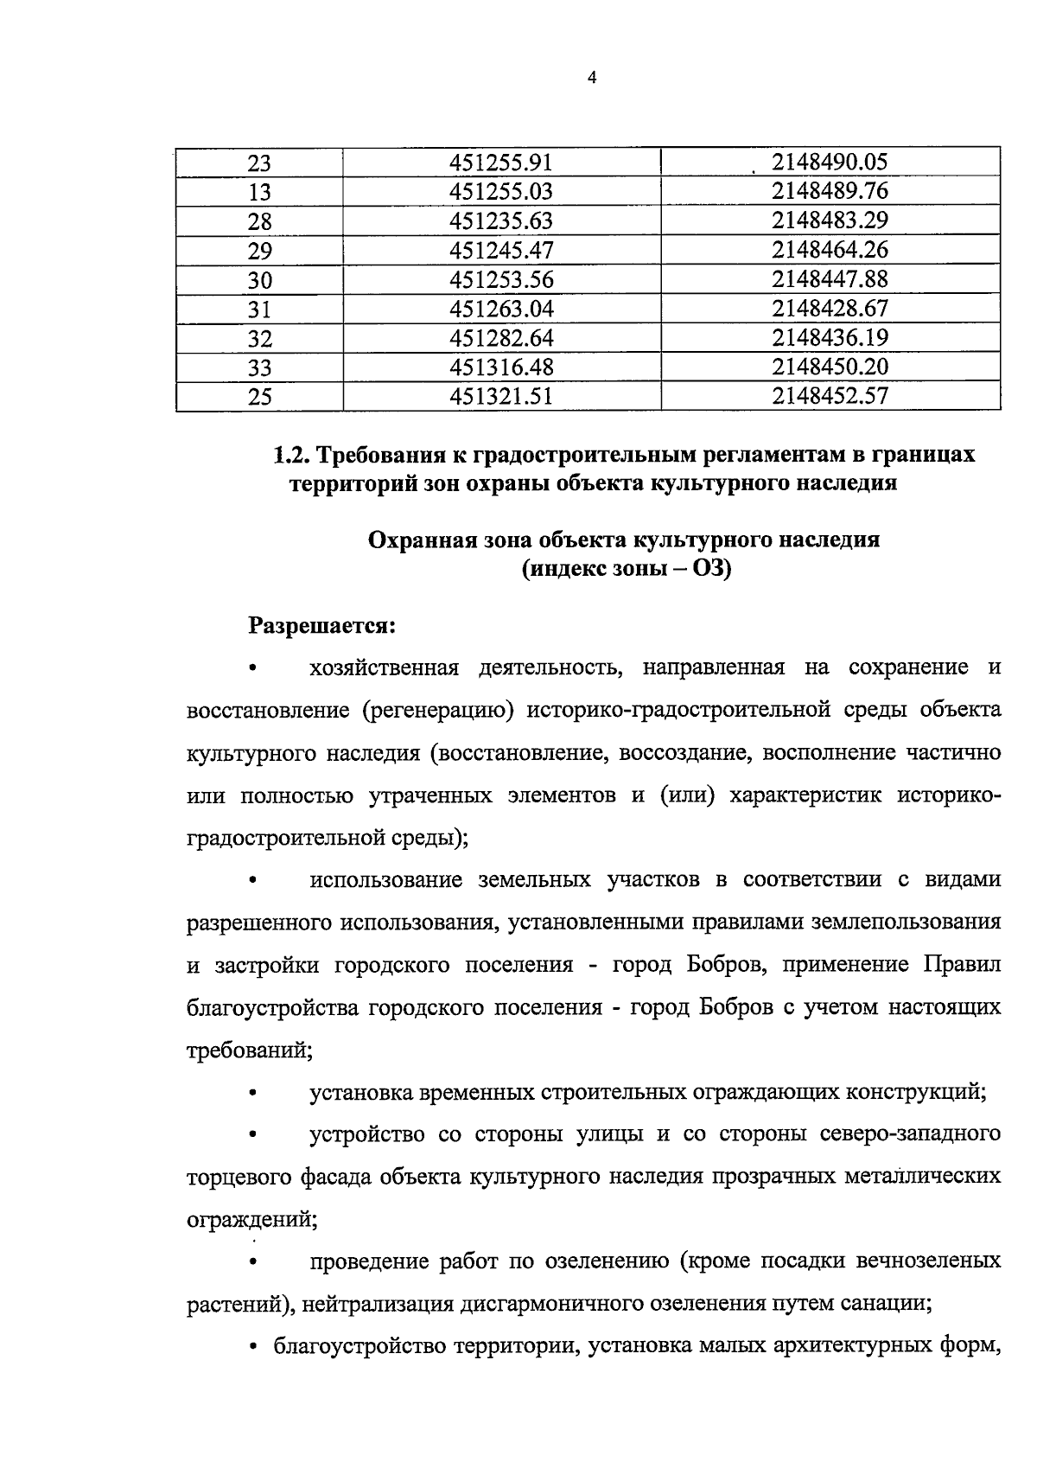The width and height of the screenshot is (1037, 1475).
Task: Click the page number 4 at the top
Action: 591,78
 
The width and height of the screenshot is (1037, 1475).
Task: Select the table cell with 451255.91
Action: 500,163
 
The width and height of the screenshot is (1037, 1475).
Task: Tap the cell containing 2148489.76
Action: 830,191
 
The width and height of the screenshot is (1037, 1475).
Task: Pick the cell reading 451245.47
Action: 500,251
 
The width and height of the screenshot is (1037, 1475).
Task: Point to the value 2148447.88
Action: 830,279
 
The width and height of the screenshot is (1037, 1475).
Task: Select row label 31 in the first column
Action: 259,310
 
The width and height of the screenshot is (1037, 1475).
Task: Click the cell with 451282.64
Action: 500,338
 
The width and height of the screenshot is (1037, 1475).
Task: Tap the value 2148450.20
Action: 830,367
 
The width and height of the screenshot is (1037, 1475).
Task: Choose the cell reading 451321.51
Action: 500,396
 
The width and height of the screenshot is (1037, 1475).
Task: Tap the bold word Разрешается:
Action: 322,624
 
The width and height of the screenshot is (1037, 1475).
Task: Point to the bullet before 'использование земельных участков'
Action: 252,881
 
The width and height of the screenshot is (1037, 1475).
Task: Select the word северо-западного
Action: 915,1133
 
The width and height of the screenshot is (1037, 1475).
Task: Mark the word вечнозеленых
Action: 928,1261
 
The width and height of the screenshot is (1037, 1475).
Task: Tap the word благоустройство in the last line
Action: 351,1346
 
